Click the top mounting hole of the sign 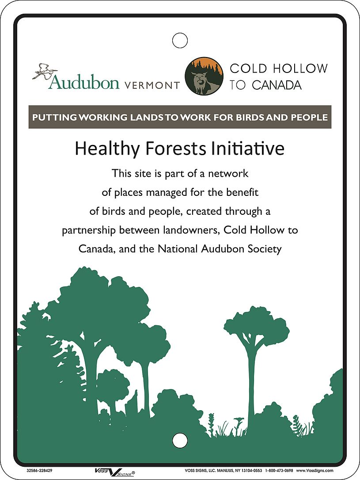pyautogui.click(x=180, y=40)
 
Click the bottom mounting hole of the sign pyautogui.click(x=180, y=440)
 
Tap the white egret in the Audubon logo pyautogui.click(x=45, y=71)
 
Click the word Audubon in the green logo pyautogui.click(x=84, y=82)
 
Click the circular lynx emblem pyautogui.click(x=204, y=76)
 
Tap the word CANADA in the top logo pyautogui.click(x=277, y=85)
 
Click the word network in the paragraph pyautogui.click(x=228, y=174)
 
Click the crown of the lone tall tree pyautogui.click(x=257, y=325)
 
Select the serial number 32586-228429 pyautogui.click(x=37, y=471)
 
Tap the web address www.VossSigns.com pyautogui.click(x=315, y=471)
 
